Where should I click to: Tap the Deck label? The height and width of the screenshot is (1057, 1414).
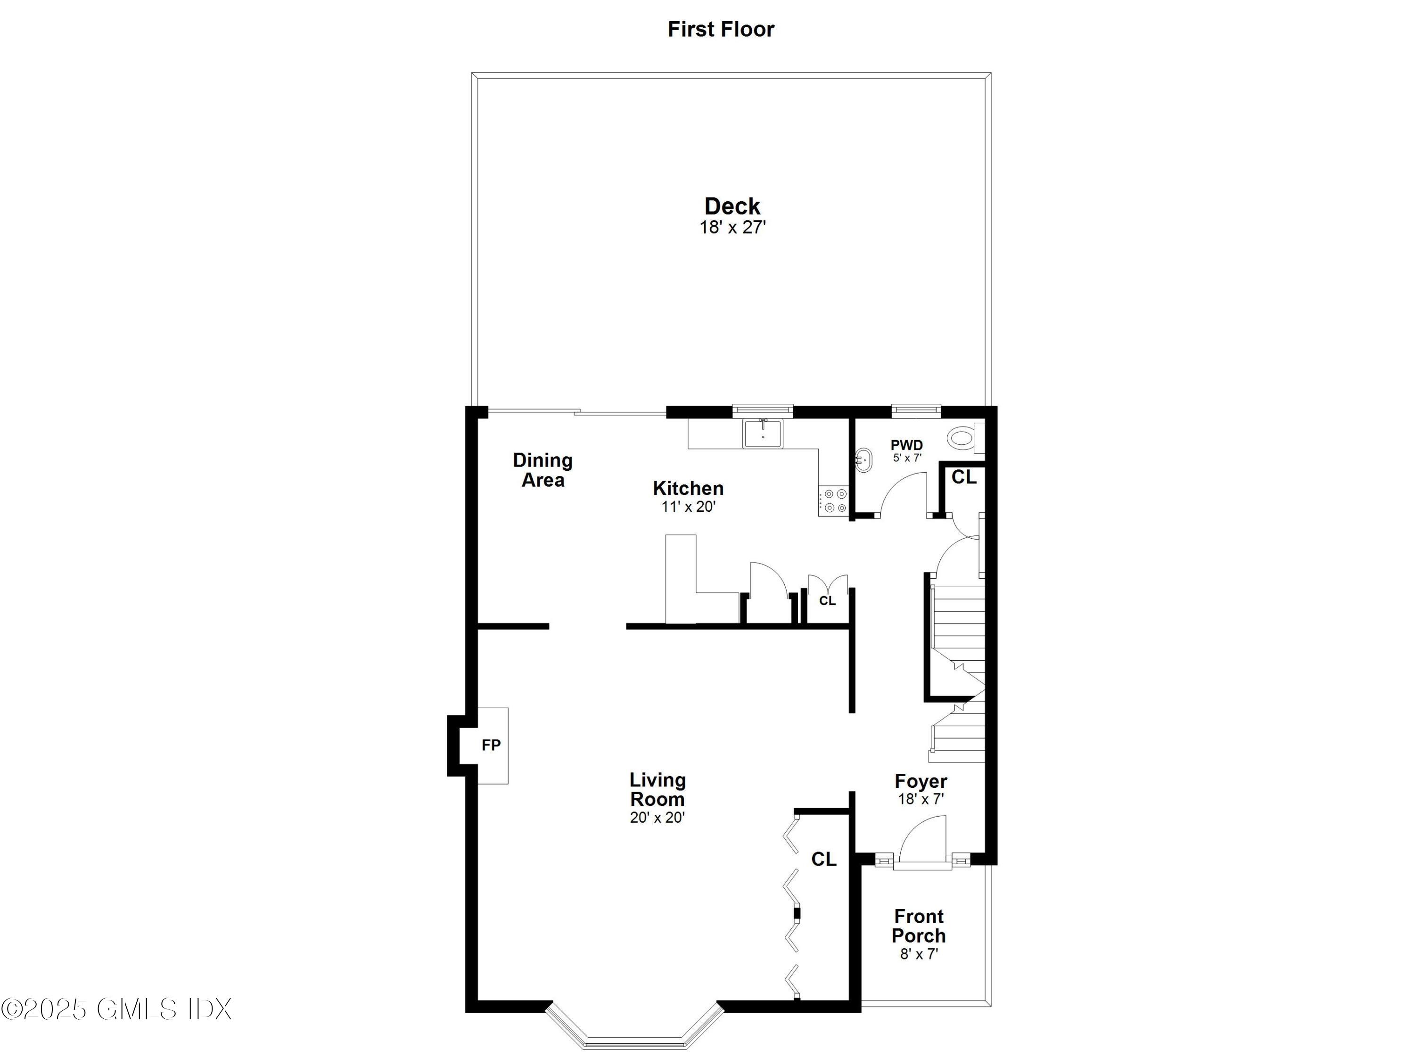(732, 206)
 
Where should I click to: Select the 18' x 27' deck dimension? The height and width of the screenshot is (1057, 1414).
(732, 228)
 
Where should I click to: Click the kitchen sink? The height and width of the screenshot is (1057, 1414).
(763, 434)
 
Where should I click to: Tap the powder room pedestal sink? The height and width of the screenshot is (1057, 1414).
(863, 460)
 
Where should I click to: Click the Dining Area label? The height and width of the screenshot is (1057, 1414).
(543, 470)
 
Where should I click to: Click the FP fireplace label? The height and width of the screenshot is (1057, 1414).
(491, 745)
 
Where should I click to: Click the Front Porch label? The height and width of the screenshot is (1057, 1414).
(919, 926)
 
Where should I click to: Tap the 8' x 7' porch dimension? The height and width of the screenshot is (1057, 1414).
(919, 954)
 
